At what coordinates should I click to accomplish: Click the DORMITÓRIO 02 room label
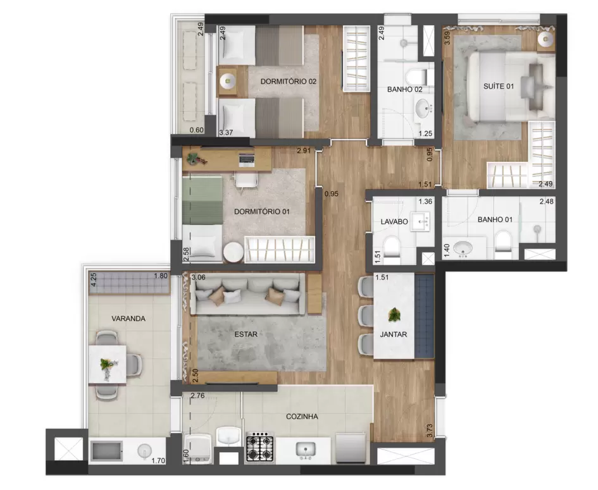289,82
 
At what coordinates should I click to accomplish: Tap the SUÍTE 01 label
499,87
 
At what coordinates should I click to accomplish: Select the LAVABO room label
394,222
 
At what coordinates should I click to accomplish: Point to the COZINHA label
302,417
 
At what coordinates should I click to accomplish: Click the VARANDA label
128,319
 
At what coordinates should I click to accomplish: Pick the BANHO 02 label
404,90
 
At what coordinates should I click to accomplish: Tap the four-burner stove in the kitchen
259,448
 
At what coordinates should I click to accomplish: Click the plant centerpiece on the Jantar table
394,315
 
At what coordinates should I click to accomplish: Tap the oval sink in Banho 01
463,248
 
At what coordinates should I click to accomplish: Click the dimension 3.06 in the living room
199,278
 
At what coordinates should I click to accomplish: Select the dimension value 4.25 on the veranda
94,279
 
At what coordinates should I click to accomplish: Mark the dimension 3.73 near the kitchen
430,431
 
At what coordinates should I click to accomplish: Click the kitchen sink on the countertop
306,450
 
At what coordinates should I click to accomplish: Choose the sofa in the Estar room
247,295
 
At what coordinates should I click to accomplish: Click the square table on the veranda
107,364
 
